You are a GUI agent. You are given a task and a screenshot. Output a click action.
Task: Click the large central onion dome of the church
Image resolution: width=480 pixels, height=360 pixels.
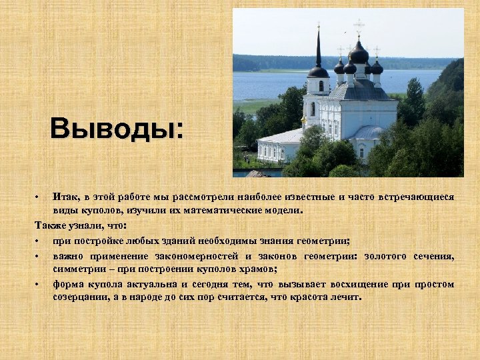click(x=359, y=53)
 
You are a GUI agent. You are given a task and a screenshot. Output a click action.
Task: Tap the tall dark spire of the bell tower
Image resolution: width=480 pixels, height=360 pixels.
click(x=318, y=50)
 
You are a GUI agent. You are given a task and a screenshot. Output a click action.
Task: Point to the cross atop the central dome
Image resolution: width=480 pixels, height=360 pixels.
click(x=359, y=27)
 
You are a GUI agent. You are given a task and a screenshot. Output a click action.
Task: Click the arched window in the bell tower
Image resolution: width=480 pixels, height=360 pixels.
click(x=321, y=86)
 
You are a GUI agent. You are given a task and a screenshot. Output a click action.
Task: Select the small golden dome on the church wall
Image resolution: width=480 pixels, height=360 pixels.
click(x=304, y=119)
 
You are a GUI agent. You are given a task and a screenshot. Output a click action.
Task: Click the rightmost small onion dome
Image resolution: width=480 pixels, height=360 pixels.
click(x=377, y=67)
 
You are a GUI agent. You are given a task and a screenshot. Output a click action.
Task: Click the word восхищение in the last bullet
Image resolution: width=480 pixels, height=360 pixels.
click(x=339, y=284)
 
